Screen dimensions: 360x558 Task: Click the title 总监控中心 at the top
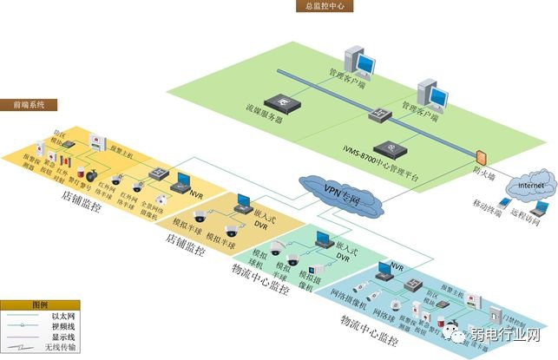point(323,6)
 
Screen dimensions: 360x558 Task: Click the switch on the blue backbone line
point(379,114)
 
